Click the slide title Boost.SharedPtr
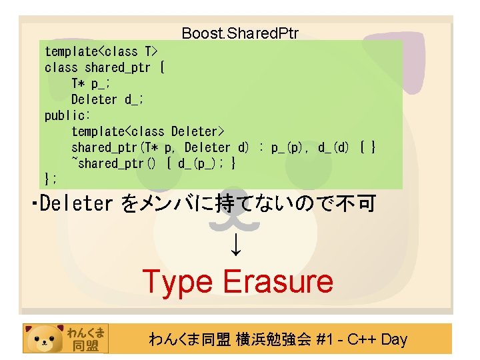(240, 33)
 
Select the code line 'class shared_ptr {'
(105, 67)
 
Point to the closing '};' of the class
(51, 179)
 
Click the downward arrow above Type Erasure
(237, 247)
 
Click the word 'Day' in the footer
(395, 339)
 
